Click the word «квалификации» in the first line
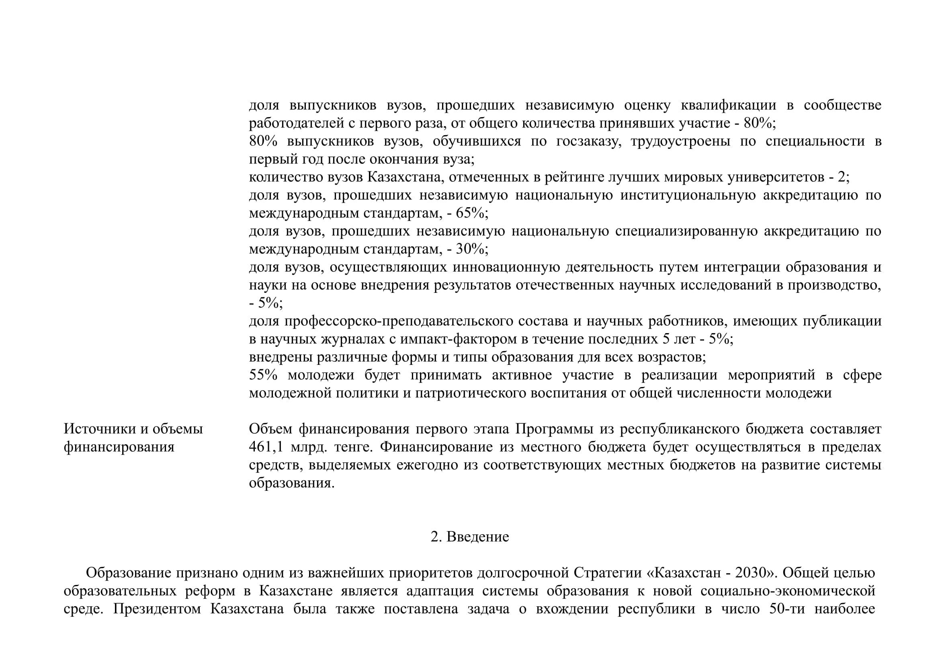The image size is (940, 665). [728, 105]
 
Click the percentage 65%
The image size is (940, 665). [471, 214]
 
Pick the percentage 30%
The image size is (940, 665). [471, 249]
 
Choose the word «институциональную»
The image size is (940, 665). [688, 196]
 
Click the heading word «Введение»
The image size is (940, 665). [477, 537]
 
